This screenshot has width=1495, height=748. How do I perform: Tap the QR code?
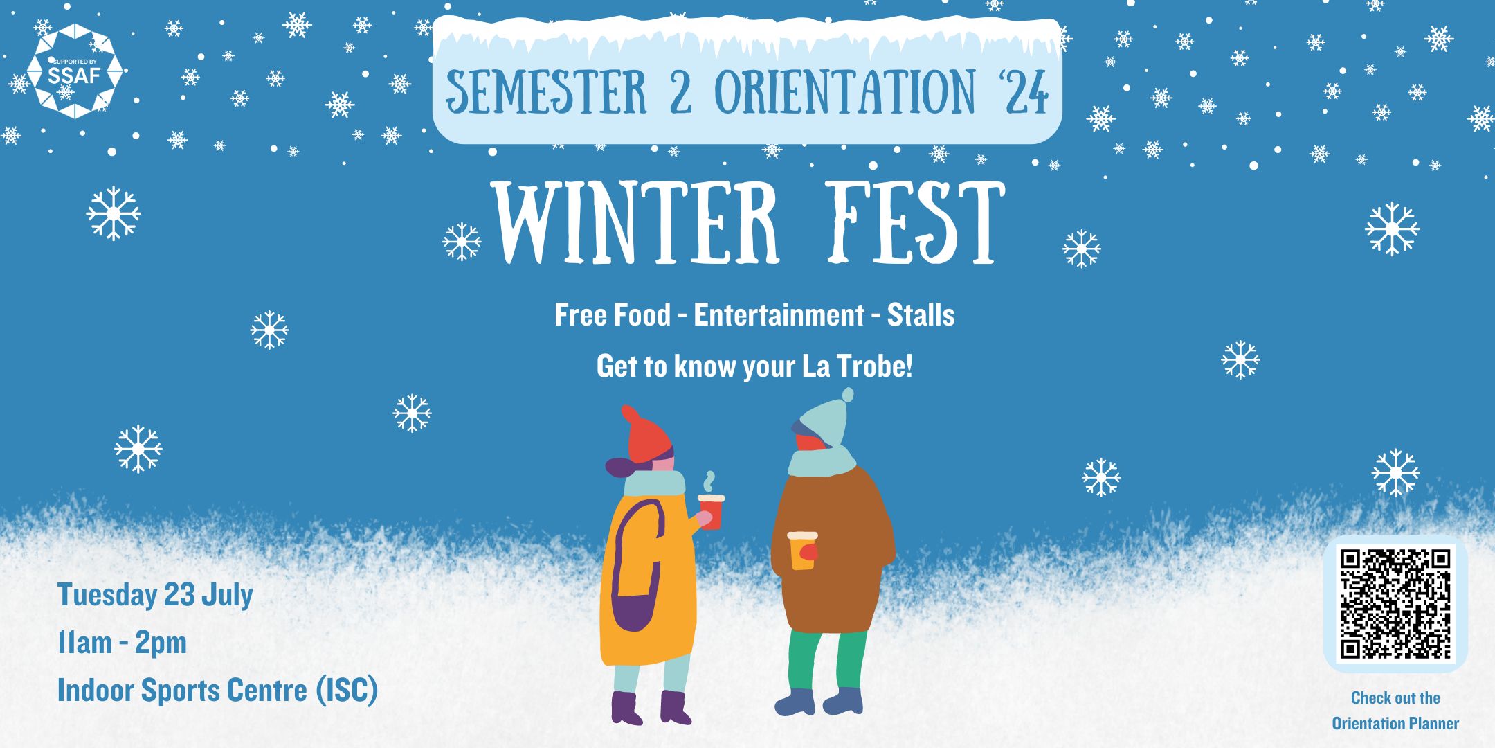tap(1395, 603)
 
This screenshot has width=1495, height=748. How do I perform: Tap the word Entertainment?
tap(779, 315)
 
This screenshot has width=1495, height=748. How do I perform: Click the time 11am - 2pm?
tap(123, 643)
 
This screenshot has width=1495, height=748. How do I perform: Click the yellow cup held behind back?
tap(802, 551)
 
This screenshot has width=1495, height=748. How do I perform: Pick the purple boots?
tap(651, 707)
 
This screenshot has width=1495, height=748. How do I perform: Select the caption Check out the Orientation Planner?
tap(1395, 711)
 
